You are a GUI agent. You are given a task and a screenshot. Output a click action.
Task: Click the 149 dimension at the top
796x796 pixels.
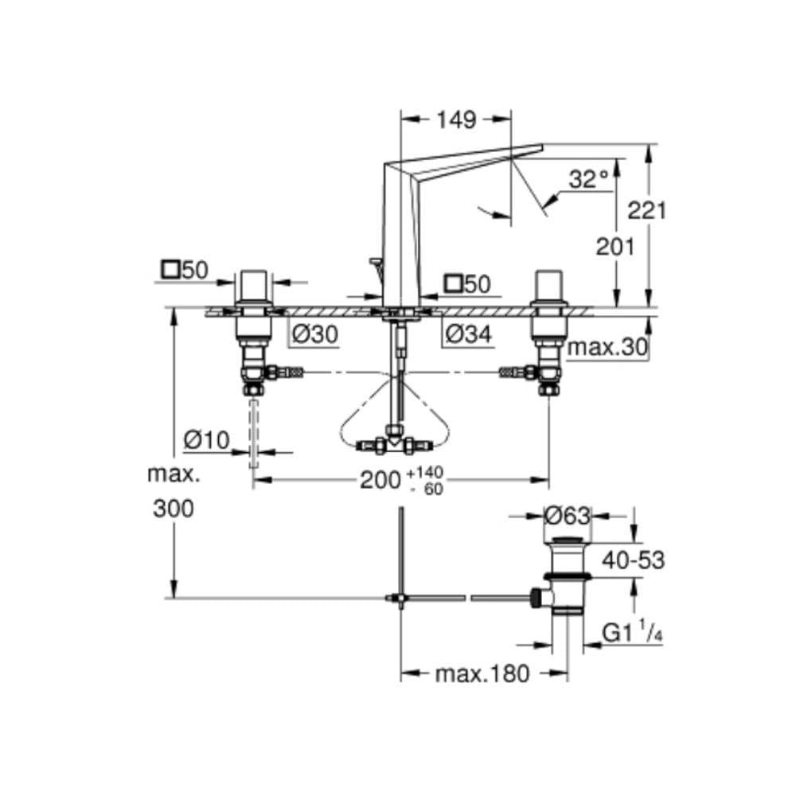(x=456, y=120)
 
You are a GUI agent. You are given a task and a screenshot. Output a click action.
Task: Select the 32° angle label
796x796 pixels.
(x=588, y=179)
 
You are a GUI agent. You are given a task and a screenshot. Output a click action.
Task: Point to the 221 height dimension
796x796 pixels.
(x=646, y=210)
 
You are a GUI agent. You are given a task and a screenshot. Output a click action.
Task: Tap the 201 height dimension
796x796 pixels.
(x=615, y=247)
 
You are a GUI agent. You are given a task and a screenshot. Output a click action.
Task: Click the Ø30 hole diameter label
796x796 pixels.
(x=315, y=334)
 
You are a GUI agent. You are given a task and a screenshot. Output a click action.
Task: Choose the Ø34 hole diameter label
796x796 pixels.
(x=469, y=334)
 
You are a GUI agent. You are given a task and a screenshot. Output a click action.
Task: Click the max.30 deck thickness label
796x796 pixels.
(x=607, y=347)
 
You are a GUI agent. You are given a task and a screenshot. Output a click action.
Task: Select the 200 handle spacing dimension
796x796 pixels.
(x=380, y=480)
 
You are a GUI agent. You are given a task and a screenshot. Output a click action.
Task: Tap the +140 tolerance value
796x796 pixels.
(x=425, y=473)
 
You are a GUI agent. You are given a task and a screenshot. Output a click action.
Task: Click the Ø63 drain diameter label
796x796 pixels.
(x=567, y=517)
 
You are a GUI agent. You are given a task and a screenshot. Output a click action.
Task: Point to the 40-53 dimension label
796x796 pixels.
(x=633, y=560)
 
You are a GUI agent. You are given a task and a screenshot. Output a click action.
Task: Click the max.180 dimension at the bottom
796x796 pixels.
(x=482, y=673)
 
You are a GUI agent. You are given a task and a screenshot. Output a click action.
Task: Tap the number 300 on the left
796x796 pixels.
(x=173, y=508)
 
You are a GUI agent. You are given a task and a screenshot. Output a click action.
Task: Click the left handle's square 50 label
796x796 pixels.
(x=185, y=270)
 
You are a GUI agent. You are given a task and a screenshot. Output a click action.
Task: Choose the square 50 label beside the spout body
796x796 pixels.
(x=467, y=284)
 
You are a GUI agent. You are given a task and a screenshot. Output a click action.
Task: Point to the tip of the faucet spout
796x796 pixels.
(x=542, y=146)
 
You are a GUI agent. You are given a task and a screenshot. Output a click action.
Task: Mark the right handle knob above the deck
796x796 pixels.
(x=548, y=286)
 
